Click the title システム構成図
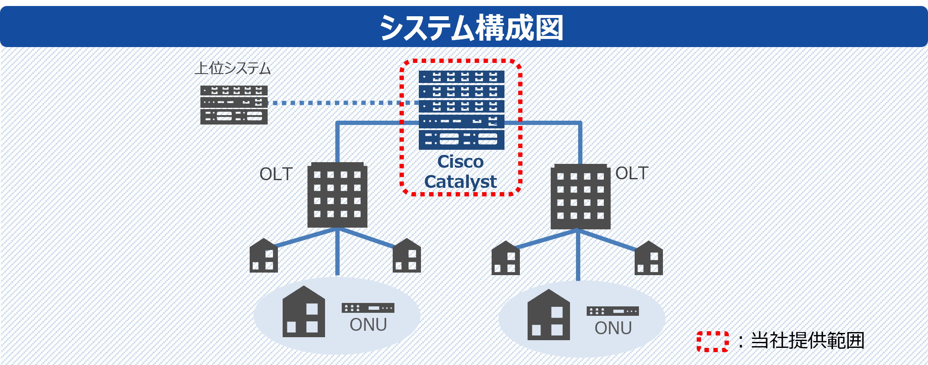coord(471,28)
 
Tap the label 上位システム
coord(233,68)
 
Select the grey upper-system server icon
coord(234,105)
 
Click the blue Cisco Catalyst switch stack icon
coord(461,110)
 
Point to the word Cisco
coord(460,162)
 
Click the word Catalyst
coord(460,181)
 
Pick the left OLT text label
coord(276,174)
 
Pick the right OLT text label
coord(632,173)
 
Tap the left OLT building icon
coord(337,195)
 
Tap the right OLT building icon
coord(580,197)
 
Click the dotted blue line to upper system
coord(343,103)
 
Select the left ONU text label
coord(368,325)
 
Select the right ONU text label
coord(613,328)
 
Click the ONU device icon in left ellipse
coord(368,308)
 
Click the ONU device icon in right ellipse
coord(612,311)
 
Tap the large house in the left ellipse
coord(304,312)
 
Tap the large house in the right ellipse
coord(549,315)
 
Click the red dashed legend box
coord(713,341)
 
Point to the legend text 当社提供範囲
coord(807,341)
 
